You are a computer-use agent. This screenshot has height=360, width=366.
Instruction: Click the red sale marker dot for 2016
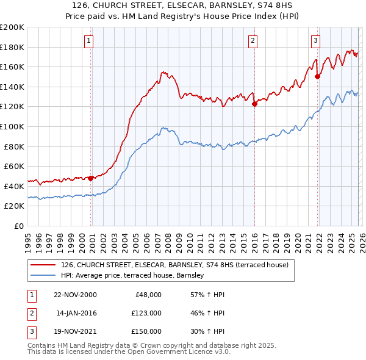point(254,104)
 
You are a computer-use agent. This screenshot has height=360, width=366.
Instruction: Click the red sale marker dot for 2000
point(91,178)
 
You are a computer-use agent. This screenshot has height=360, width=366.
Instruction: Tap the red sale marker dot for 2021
point(318,76)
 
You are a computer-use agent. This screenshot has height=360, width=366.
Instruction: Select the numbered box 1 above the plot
point(88,41)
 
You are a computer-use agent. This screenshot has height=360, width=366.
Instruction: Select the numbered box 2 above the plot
point(253,41)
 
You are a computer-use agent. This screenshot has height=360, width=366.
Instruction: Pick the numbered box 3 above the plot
point(315,41)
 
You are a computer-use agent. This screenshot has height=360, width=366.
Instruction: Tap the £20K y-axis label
point(14,206)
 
